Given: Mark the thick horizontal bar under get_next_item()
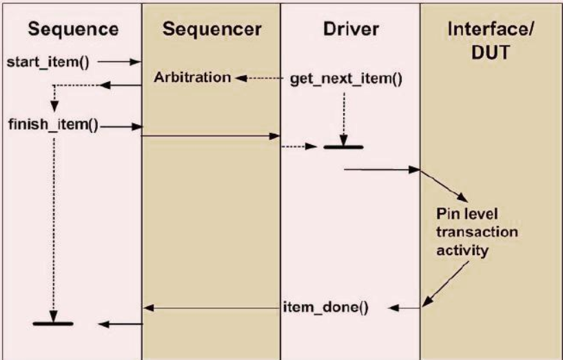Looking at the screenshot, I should [x=343, y=146].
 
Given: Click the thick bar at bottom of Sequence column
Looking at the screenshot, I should [x=53, y=323].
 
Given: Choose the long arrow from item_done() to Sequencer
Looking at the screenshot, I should [x=210, y=308].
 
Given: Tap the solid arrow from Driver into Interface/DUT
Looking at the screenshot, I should [x=382, y=168].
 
